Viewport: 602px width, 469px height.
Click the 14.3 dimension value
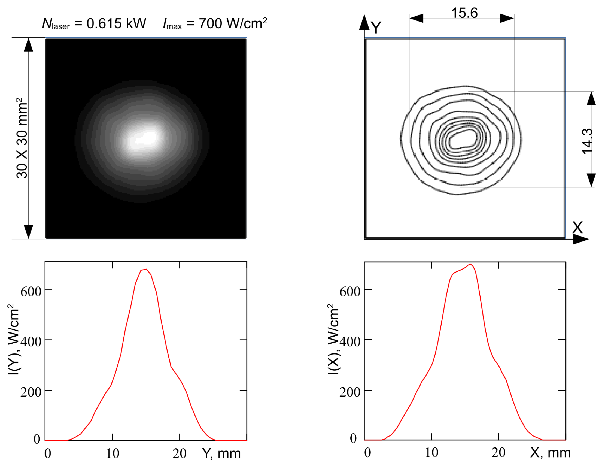587,141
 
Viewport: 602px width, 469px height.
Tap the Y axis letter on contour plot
376,27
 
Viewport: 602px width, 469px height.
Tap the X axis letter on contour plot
577,228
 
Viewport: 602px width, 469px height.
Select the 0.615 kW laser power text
116,23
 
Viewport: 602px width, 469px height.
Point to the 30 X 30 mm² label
22,138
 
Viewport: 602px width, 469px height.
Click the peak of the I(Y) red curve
146,269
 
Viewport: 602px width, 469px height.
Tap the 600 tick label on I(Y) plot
31,292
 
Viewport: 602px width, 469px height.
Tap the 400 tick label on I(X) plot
350,342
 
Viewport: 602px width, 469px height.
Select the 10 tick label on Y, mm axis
113,453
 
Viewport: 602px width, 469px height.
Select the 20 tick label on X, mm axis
498,452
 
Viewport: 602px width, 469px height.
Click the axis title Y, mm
221,453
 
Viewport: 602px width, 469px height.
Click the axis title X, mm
550,452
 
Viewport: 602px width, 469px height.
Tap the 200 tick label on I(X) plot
350,392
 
